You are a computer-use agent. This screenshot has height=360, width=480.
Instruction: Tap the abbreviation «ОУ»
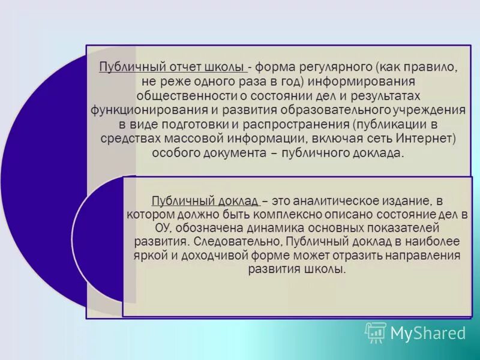point(163,229)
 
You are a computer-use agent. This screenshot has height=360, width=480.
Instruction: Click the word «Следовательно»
point(238,242)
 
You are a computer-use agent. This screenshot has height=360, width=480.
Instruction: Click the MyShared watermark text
point(428,333)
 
